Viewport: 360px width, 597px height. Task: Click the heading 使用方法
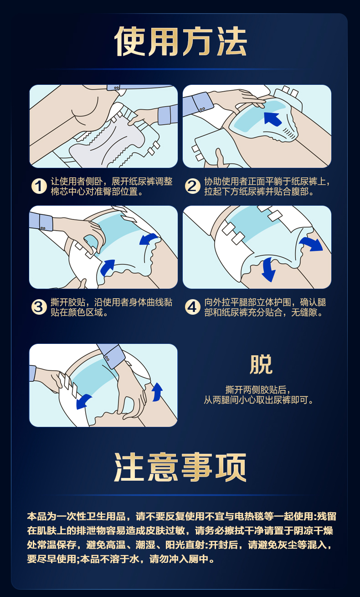(180, 42)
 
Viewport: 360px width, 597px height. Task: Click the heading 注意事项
(180, 467)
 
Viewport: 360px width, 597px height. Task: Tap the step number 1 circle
(39, 186)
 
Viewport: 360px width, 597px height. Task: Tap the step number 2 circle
(192, 186)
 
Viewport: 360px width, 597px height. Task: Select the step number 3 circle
(39, 307)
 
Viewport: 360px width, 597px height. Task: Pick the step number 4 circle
(192, 307)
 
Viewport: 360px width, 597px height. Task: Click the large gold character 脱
(261, 364)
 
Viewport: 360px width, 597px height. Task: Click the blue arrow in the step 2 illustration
(272, 119)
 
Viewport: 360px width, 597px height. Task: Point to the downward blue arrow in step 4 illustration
(268, 270)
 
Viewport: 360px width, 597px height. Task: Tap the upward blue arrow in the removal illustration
(157, 392)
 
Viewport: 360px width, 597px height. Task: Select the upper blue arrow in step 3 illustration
(148, 239)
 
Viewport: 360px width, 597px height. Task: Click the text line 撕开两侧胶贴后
(257, 390)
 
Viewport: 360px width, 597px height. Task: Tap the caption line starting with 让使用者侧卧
(112, 182)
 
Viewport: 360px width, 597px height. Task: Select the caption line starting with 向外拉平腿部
(265, 302)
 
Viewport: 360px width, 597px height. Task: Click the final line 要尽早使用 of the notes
(121, 559)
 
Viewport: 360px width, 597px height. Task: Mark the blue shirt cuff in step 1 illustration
(168, 114)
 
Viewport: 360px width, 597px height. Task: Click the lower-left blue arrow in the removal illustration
(83, 401)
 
